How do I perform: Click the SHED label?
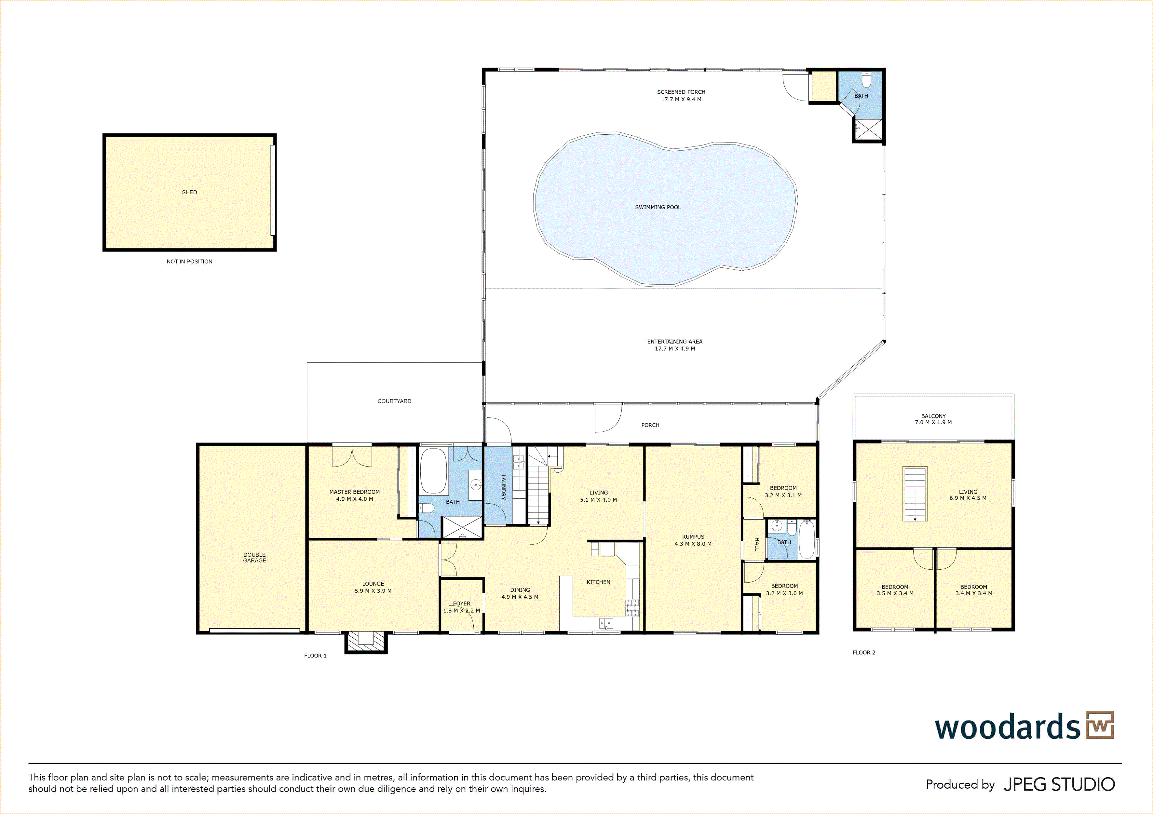(189, 192)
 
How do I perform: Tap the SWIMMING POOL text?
(658, 207)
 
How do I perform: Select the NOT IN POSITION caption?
(189, 262)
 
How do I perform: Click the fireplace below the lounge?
(366, 642)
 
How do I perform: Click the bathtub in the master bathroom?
(433, 471)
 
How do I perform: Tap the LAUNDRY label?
(503, 487)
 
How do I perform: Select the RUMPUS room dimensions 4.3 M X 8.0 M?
(693, 544)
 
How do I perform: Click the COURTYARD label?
(394, 401)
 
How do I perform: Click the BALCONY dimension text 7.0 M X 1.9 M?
(933, 422)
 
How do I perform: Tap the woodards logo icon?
(1100, 725)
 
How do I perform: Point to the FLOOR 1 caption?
(315, 656)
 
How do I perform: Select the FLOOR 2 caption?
(864, 653)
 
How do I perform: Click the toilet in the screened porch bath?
(866, 80)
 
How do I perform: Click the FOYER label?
(462, 604)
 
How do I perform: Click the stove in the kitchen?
(632, 608)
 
